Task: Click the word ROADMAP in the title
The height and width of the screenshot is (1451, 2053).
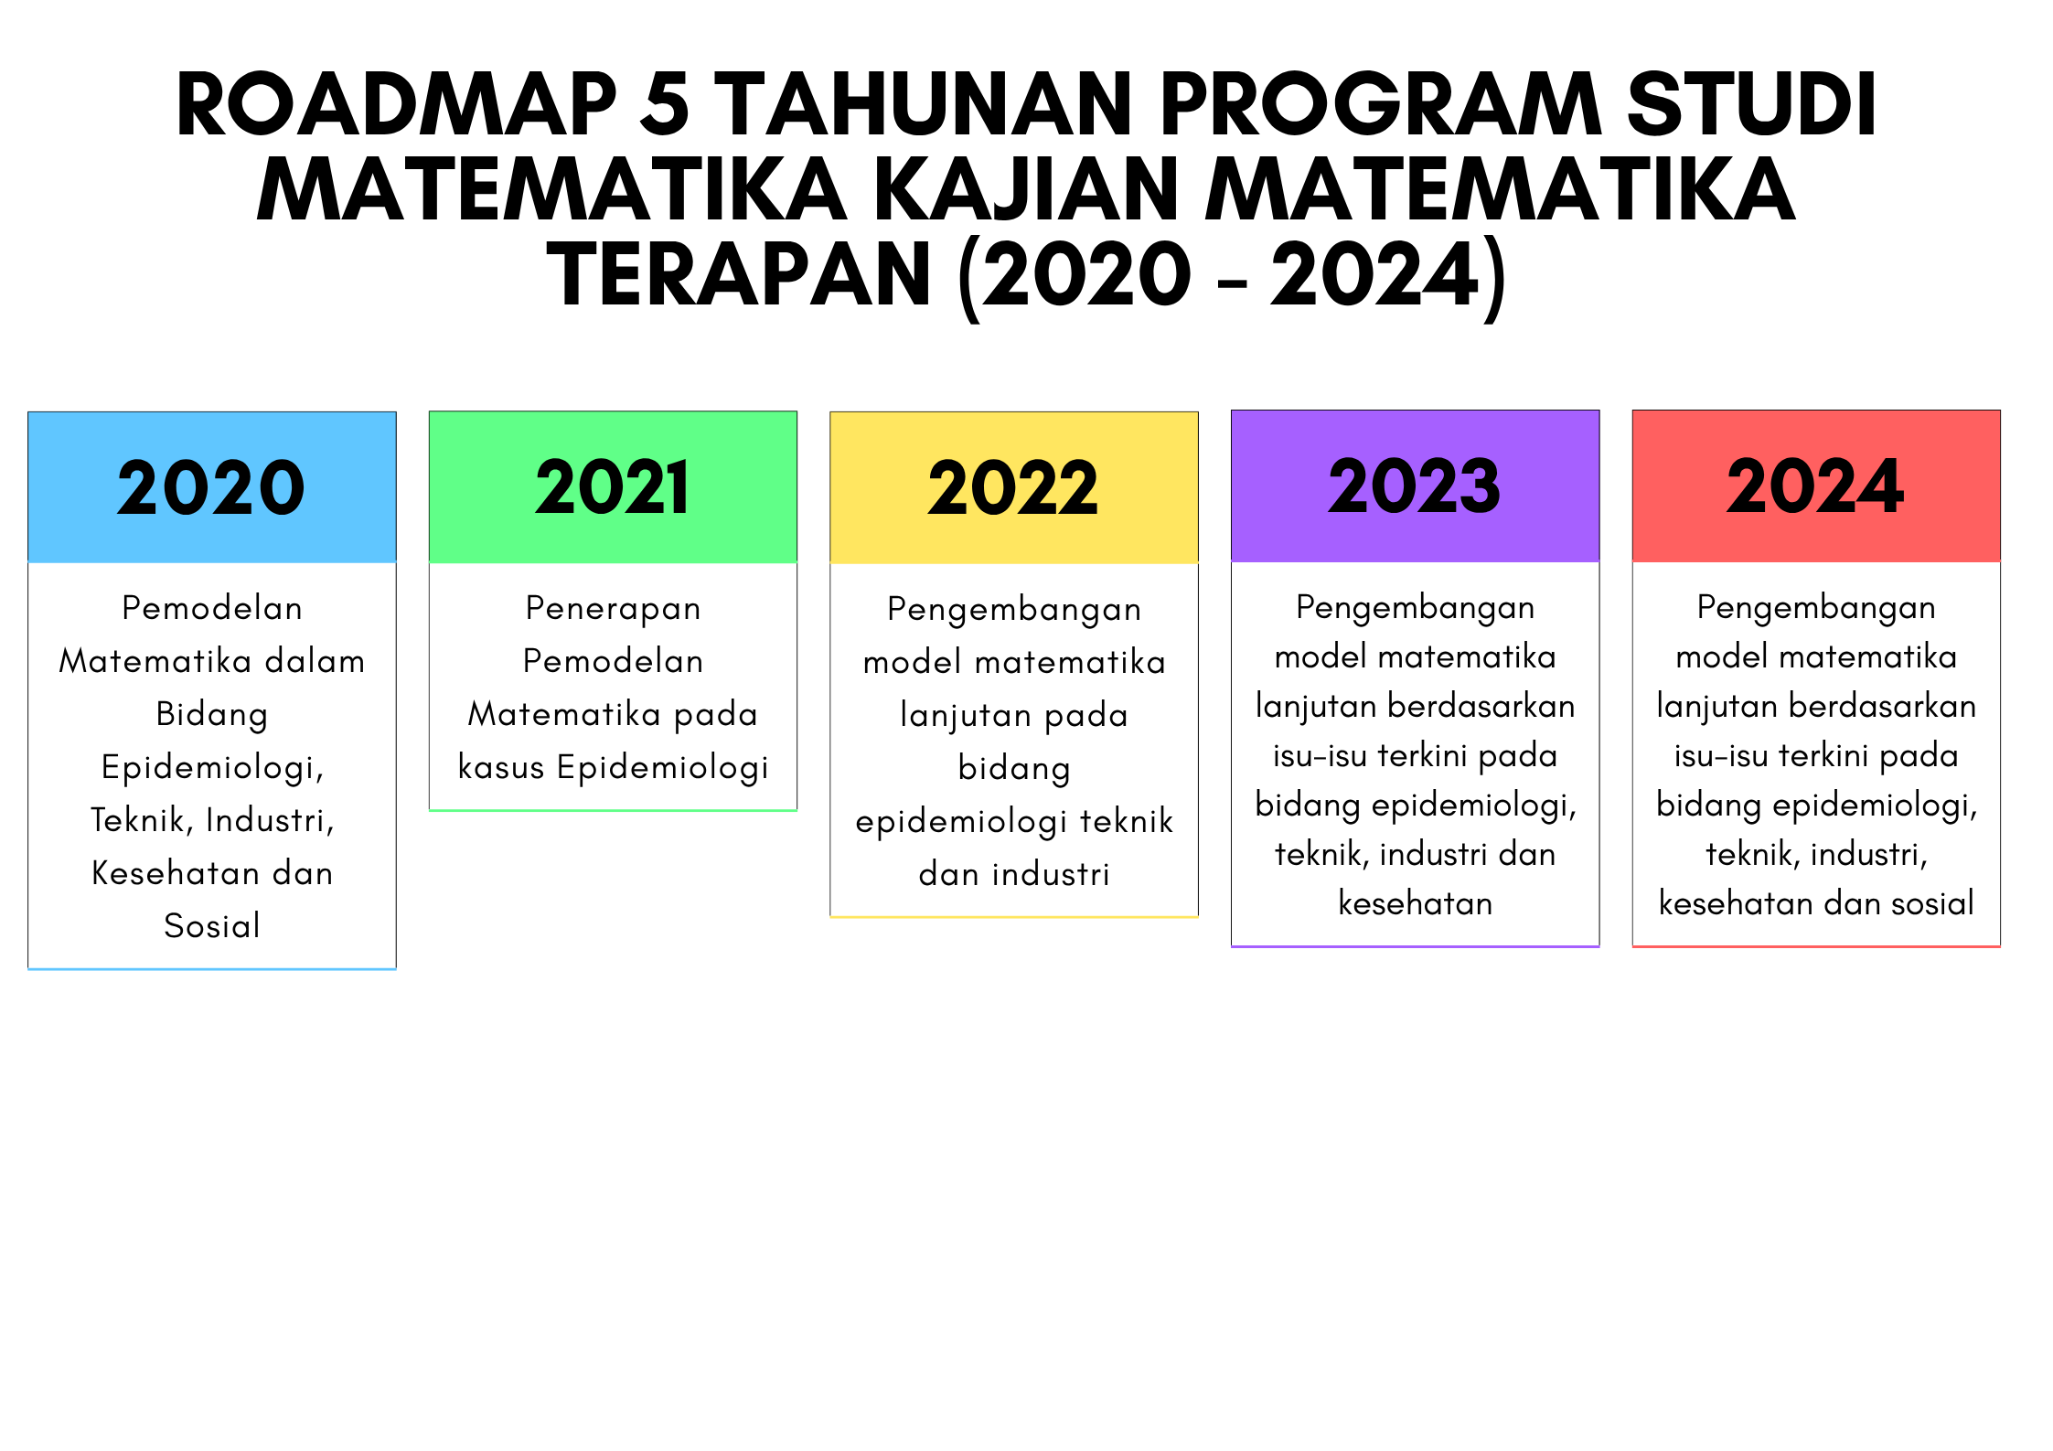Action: pos(397,104)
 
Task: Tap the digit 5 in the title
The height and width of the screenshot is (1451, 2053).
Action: pos(665,104)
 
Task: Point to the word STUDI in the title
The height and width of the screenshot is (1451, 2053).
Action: pos(1751,104)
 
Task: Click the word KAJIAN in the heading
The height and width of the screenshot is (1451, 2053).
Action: pos(1027,189)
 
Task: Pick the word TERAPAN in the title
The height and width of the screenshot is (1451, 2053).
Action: pos(739,274)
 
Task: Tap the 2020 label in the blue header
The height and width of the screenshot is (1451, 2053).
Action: pos(211,487)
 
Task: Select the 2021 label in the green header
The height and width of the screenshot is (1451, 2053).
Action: pos(612,487)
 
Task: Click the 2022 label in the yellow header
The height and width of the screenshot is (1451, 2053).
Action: pos(1013,487)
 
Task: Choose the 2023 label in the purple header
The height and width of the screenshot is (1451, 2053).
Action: pos(1415,485)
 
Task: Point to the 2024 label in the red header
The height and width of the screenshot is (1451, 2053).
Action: pos(1815,485)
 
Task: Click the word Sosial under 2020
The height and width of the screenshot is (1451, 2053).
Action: pos(212,925)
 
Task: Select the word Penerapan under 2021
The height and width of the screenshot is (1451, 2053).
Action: pos(613,609)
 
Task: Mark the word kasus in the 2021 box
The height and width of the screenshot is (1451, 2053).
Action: pos(501,766)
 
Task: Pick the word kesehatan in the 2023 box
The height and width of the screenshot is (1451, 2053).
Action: pos(1416,903)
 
